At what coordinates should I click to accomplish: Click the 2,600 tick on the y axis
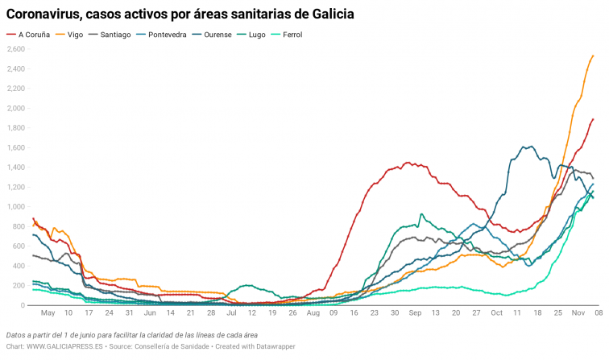[x=16, y=49]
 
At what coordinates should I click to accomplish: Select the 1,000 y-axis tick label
[x=16, y=207]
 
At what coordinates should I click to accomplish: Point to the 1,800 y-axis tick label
[x=16, y=128]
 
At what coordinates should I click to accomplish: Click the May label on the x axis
[x=48, y=312]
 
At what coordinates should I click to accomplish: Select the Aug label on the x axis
[x=313, y=312]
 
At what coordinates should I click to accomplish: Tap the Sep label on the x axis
[x=415, y=312]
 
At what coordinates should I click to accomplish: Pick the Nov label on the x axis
[x=578, y=312]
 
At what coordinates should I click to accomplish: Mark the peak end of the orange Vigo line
[x=593, y=56]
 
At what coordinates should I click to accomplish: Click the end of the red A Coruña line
[x=593, y=119]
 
